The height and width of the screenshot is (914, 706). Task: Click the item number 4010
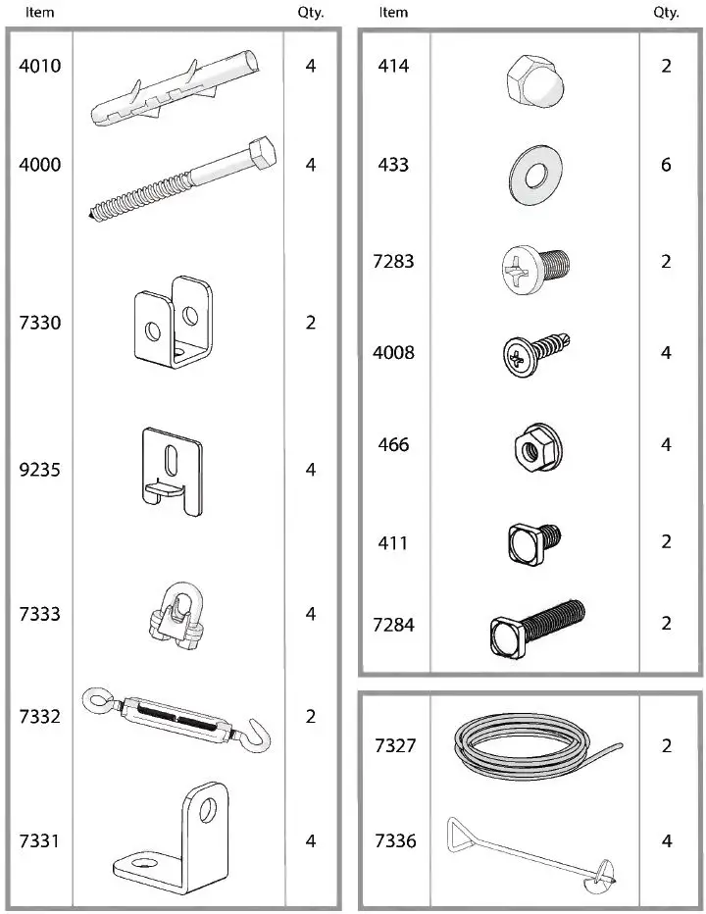(x=40, y=67)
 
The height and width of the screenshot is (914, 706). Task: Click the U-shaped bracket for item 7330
(x=173, y=325)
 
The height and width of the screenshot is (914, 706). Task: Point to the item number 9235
(x=40, y=470)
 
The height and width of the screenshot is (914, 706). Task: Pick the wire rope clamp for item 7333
(x=174, y=615)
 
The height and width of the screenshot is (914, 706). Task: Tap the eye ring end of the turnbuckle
(x=98, y=698)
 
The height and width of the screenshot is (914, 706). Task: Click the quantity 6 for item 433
(x=666, y=165)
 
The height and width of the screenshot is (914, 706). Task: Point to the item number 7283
(x=394, y=262)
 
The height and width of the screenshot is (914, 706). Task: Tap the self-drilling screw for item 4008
(x=535, y=353)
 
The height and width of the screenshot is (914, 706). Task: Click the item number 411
(x=394, y=542)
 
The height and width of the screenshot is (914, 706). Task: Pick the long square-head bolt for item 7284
(x=536, y=624)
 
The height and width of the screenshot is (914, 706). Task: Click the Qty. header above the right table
(x=666, y=13)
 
